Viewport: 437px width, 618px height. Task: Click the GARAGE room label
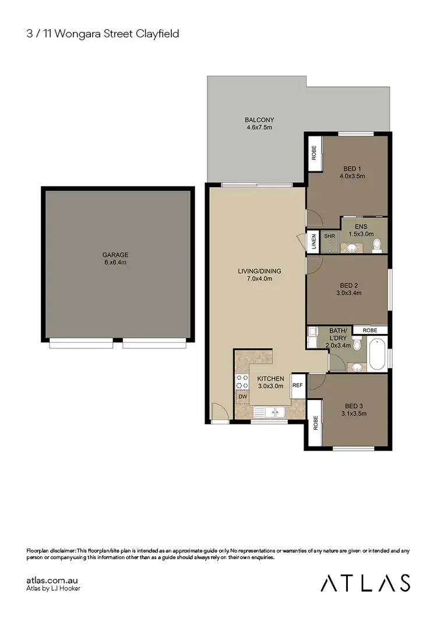[x=115, y=255]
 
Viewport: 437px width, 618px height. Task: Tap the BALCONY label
[x=259, y=120]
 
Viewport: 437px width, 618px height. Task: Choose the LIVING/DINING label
[x=259, y=271]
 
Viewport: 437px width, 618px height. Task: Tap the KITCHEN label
[x=271, y=378]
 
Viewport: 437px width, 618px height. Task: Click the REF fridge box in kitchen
[x=297, y=385]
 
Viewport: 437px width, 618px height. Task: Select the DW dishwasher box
[x=242, y=397]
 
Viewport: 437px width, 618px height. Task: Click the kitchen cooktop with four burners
[x=242, y=381]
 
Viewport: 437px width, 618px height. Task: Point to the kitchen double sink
[x=273, y=413]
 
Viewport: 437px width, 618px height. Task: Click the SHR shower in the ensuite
[x=330, y=240]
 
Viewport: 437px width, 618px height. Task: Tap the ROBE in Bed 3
[x=315, y=423]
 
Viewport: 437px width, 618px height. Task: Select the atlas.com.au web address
[x=52, y=580]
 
